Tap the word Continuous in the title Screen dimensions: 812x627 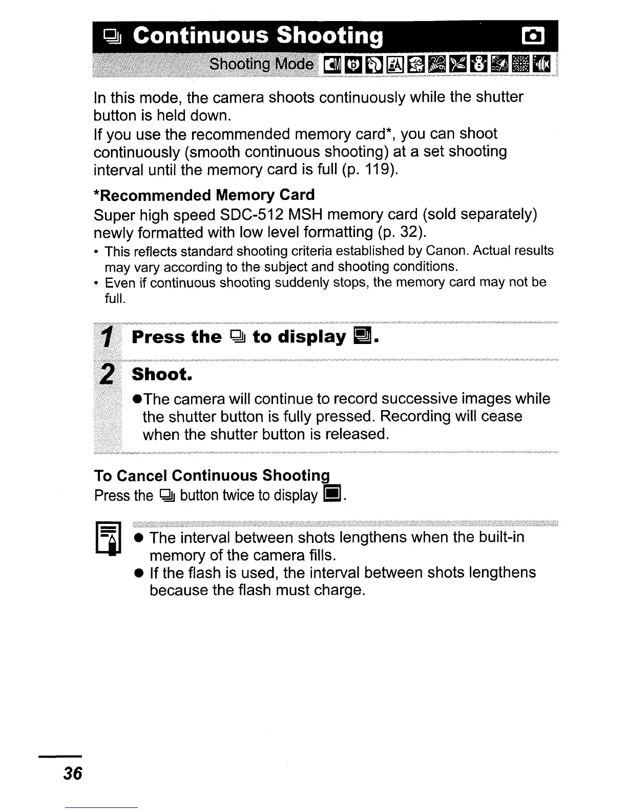point(200,36)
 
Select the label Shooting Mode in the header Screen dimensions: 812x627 point(262,64)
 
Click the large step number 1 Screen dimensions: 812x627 point(107,337)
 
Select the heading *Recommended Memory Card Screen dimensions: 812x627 point(204,195)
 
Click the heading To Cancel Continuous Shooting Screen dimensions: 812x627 point(212,476)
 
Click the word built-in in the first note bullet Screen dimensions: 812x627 point(501,537)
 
